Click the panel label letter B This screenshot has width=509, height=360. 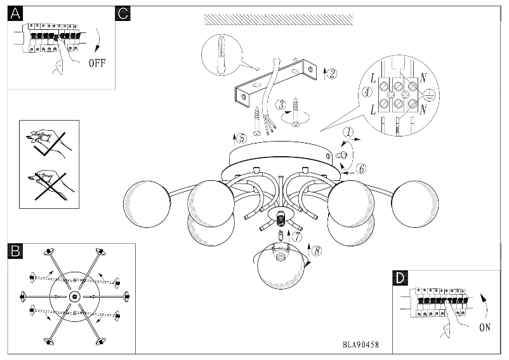[15, 251]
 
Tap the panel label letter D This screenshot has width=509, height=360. [399, 278]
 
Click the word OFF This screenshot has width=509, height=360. [96, 63]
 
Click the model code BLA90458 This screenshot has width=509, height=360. [360, 345]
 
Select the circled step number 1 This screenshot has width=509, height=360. [348, 133]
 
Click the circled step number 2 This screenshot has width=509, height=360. [332, 73]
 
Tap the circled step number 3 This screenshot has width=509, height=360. [281, 105]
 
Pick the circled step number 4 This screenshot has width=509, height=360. [366, 91]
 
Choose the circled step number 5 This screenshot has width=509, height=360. [241, 138]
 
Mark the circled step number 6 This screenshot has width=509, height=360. [360, 169]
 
